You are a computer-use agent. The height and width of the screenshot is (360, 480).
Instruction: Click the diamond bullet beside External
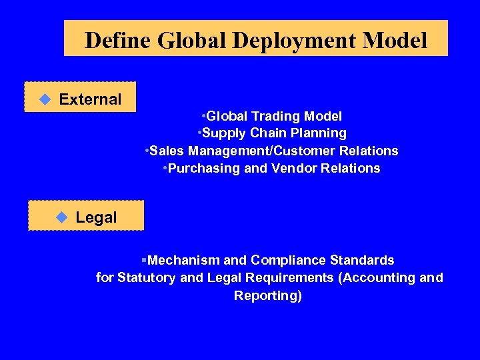[45, 99]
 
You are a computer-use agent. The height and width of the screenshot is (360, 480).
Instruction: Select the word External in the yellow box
[90, 99]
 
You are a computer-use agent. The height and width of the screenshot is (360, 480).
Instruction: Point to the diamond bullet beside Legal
[62, 217]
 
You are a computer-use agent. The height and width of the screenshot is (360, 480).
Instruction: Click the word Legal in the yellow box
[96, 217]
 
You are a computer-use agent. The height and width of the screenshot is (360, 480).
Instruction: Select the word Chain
[270, 133]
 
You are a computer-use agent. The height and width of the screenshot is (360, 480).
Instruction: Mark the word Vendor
[293, 168]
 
